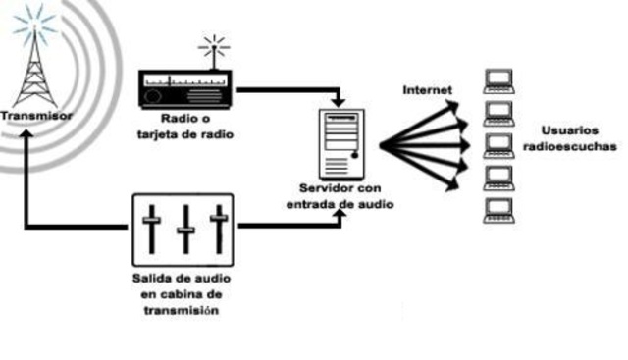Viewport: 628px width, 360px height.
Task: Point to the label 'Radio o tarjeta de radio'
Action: [186, 128]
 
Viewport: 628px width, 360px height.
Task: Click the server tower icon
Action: [340, 142]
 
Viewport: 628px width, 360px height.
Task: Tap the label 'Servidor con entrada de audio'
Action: [340, 196]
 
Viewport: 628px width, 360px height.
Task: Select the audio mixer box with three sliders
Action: [183, 225]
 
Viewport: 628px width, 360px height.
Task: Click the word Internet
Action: [427, 90]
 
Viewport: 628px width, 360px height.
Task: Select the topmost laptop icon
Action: [500, 77]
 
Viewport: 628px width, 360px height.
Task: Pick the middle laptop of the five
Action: [500, 144]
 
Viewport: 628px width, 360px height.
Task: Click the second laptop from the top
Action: [500, 111]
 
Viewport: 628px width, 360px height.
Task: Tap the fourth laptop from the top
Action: [500, 176]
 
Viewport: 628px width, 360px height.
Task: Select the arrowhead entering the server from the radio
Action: [340, 101]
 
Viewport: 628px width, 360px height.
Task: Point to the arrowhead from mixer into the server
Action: [340, 218]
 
